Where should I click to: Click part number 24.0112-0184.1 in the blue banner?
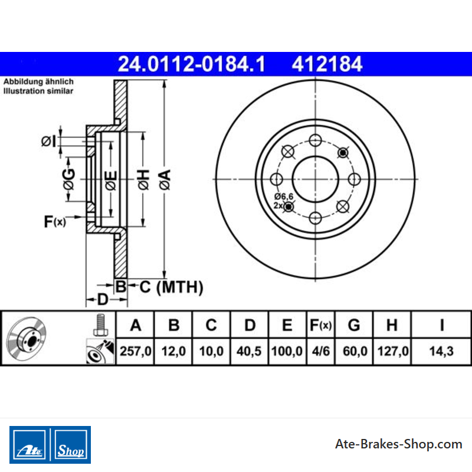pos(191,64)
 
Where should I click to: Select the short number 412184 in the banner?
pos(327,64)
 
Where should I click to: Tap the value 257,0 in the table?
pos(136,351)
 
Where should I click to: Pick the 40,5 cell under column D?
pos(249,351)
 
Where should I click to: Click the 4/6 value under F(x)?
pos(321,351)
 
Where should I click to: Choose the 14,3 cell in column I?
pos(441,351)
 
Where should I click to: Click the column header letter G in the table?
pos(354,325)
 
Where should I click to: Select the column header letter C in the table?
pos(211,325)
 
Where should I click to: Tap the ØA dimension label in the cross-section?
pos(165,179)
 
